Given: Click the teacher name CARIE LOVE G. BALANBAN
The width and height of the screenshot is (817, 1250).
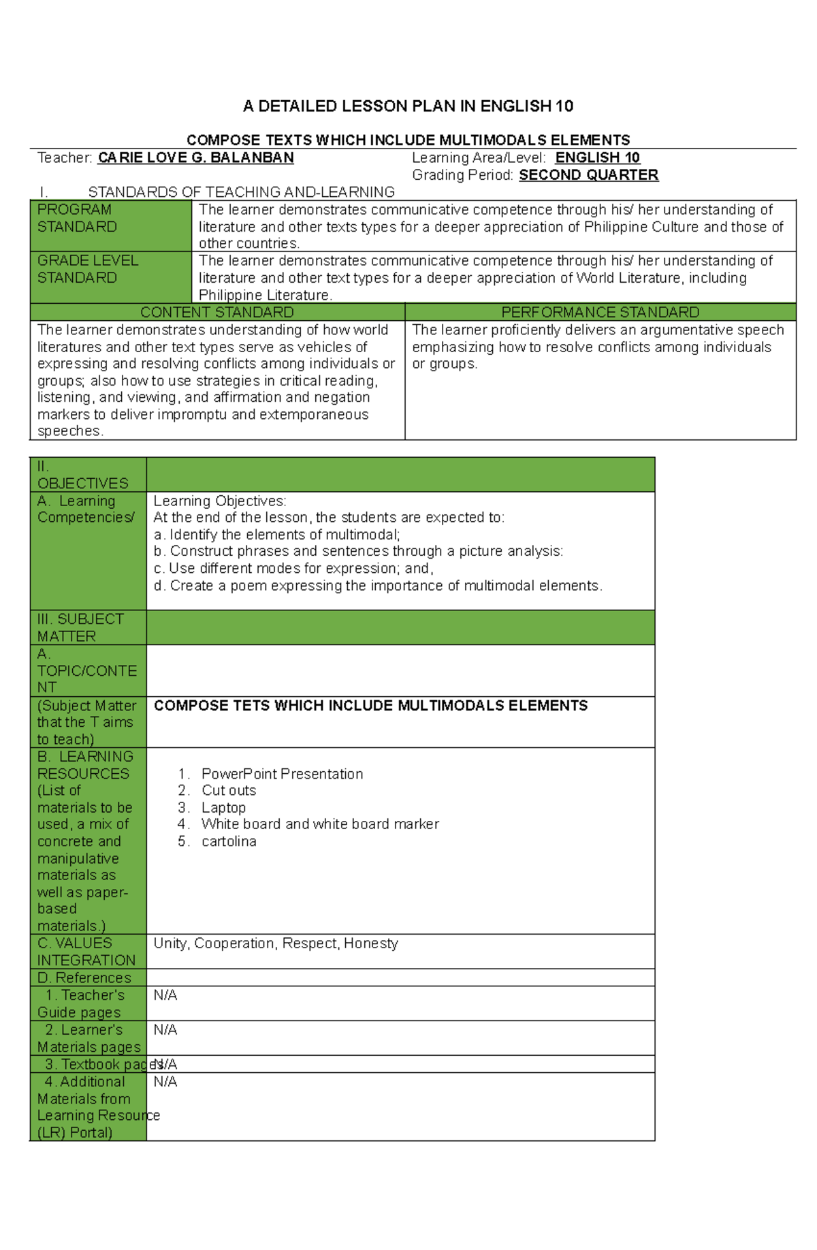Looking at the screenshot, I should coord(195,158).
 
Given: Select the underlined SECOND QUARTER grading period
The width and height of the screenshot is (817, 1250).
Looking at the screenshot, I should coord(588,175).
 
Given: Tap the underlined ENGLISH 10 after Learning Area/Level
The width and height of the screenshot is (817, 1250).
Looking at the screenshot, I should coord(597,158).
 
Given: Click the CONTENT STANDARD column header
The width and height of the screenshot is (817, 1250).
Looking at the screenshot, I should coord(217,312).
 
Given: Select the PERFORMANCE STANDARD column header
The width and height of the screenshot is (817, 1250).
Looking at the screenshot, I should coord(600,312).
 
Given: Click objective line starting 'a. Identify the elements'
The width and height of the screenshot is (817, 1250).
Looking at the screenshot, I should coord(276,535).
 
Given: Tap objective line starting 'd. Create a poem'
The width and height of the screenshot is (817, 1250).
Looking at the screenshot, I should coord(378,586).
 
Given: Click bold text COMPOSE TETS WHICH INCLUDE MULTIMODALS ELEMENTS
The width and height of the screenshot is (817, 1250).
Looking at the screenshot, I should coord(370,706).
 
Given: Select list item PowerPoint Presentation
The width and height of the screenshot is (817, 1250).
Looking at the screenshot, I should coord(282,774).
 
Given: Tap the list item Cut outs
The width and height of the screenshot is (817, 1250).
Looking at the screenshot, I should coord(229,790).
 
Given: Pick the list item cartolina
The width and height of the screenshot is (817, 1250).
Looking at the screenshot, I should coord(229,841).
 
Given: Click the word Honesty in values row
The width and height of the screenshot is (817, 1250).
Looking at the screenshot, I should coord(371,943).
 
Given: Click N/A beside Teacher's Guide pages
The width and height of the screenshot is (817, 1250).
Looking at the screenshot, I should coord(165,995).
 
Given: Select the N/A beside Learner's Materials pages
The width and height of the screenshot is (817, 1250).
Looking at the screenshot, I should coord(165,1029).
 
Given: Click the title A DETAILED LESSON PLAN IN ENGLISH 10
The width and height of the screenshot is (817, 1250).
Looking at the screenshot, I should coord(408,106).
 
